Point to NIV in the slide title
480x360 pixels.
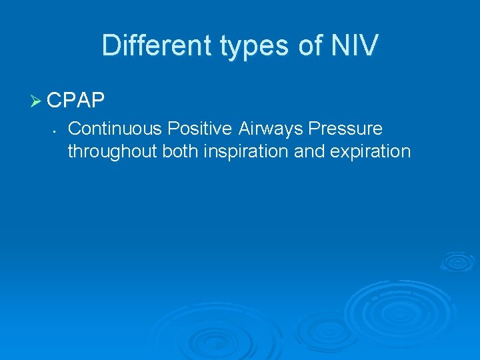pos(357,45)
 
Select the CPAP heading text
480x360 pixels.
pos(76,100)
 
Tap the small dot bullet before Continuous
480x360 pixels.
pos(52,129)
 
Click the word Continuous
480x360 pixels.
pos(114,128)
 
